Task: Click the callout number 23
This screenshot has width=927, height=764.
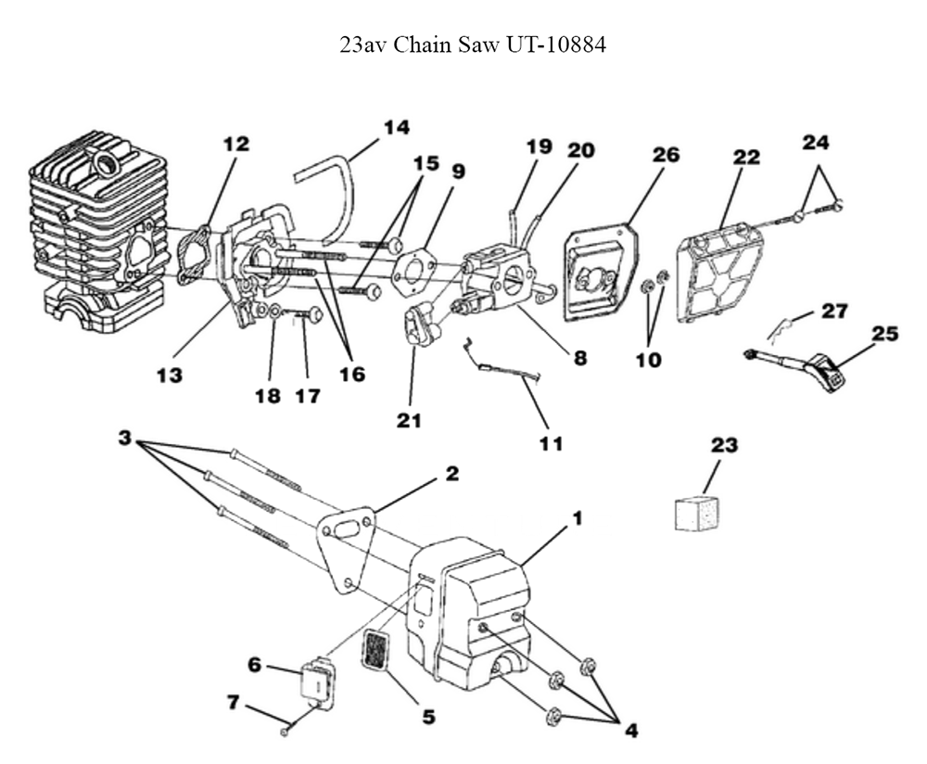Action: tap(724, 445)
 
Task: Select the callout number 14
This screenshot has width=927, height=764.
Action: tap(396, 127)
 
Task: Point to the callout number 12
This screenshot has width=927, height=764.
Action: tap(236, 144)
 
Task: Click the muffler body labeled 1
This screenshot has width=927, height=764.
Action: tap(473, 603)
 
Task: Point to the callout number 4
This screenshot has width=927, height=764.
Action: tap(630, 730)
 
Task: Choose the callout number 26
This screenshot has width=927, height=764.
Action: tap(665, 154)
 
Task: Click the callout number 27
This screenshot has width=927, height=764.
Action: tap(834, 311)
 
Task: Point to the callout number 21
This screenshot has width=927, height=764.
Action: tap(409, 420)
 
